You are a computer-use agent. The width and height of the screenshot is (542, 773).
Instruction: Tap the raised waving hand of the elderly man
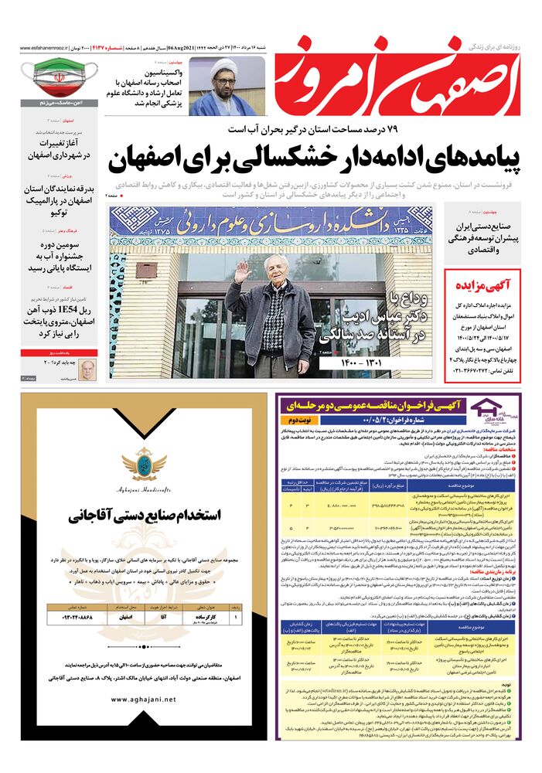pyautogui.click(x=243, y=271)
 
